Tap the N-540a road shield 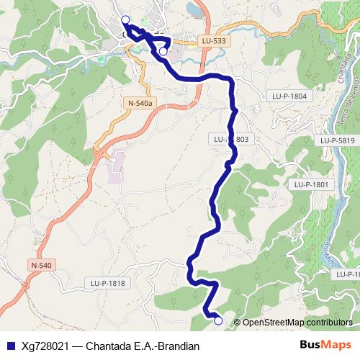point(140,104)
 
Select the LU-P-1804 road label point(289,96)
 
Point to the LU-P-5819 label point(338,140)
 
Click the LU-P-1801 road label point(311,185)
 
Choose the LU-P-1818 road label point(108,283)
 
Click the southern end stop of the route point(218,321)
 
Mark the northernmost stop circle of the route point(125,19)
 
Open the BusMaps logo point(324,345)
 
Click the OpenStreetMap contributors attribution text point(297,322)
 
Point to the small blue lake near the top point(192,9)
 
